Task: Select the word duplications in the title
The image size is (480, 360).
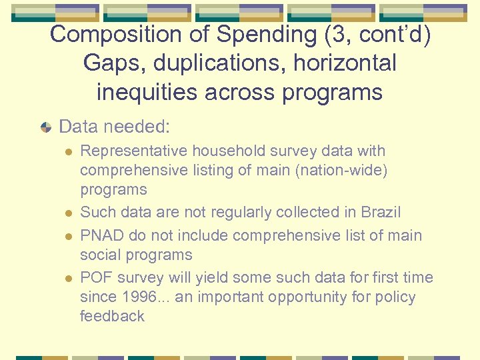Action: [x=217, y=63]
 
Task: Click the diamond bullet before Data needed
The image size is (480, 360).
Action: [x=45, y=126]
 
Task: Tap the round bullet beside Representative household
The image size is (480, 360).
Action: [x=67, y=152]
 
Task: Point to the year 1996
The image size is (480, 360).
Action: [x=138, y=297]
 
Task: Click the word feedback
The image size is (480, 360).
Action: [x=112, y=316]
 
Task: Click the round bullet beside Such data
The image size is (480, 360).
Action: [x=67, y=213]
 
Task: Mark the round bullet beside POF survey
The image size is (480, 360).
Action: [x=67, y=278]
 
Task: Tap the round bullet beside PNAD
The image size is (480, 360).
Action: [x=67, y=236]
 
